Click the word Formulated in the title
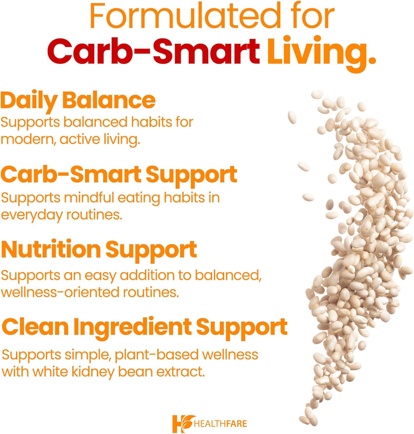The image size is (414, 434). click(x=185, y=16)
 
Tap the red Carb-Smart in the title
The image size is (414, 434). click(x=153, y=51)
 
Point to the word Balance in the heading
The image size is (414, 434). click(x=109, y=100)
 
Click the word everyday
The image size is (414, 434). click(x=32, y=216)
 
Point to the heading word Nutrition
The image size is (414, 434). click(x=51, y=249)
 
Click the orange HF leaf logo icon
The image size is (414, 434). click(x=182, y=424)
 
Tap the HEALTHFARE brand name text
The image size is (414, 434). click(x=221, y=424)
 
